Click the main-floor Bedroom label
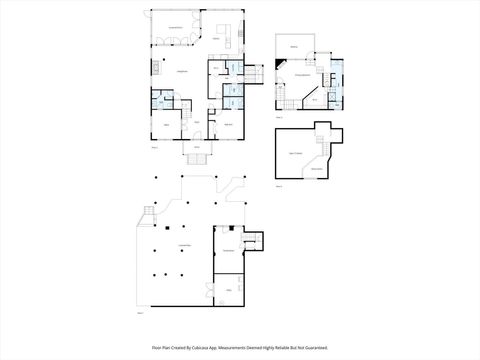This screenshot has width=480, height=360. click(229, 123)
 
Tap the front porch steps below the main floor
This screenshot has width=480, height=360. click(197, 156)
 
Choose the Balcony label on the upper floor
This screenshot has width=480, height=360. click(294, 47)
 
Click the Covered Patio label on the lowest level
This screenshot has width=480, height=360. click(183, 246)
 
